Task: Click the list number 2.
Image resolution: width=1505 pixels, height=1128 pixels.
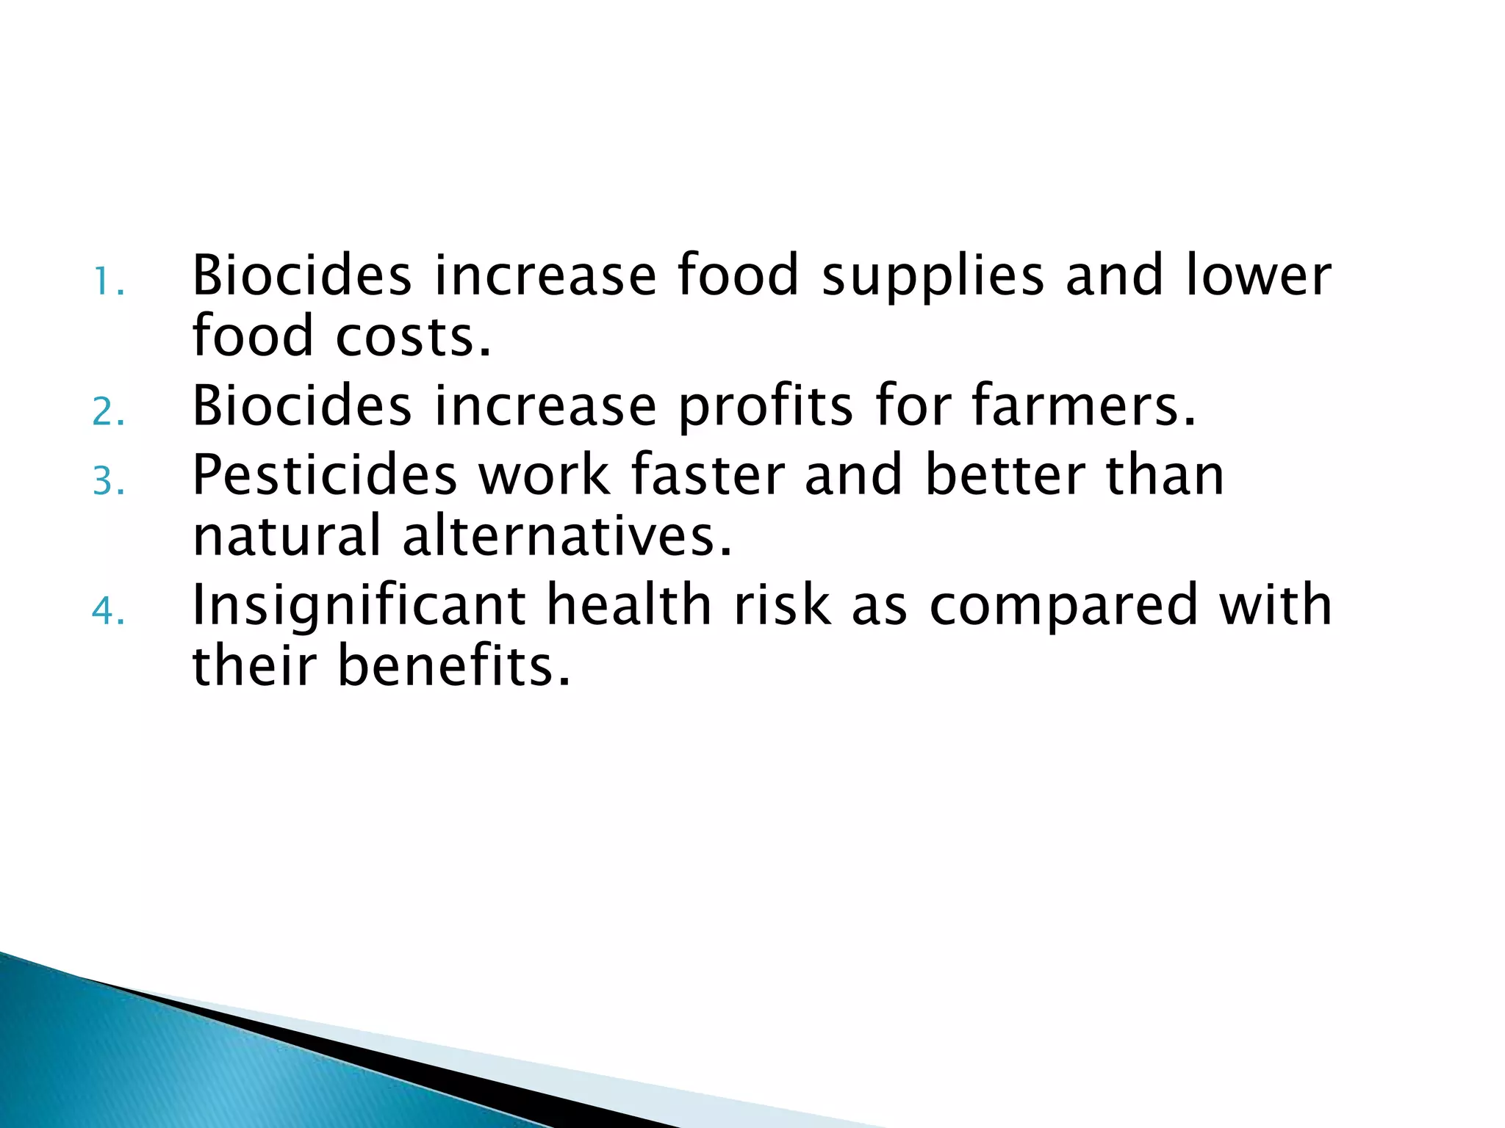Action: tap(108, 413)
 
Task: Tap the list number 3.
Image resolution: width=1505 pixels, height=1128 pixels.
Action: tap(108, 482)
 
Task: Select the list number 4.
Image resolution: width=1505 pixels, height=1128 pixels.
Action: tap(108, 611)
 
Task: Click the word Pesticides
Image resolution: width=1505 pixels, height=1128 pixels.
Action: tap(324, 475)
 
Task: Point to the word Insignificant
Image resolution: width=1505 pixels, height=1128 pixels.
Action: tap(358, 606)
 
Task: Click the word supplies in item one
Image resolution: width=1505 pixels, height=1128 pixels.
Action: tap(932, 277)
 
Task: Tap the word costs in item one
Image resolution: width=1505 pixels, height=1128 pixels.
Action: tap(413, 336)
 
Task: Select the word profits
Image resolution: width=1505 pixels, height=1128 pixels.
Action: tap(765, 408)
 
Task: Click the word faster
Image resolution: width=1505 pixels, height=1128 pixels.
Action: tap(708, 475)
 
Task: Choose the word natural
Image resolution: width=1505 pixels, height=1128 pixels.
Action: tap(287, 535)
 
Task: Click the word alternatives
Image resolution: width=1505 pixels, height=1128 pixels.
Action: tap(567, 535)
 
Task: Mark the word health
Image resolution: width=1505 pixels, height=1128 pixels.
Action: tap(629, 605)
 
